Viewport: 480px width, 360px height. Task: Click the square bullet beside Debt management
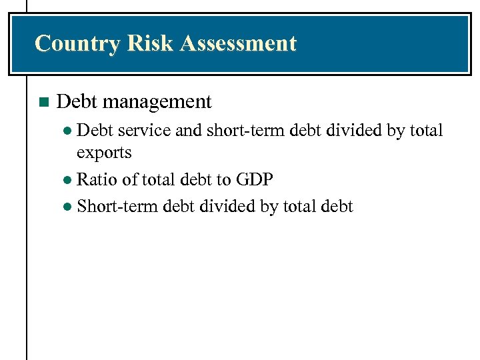coord(44,103)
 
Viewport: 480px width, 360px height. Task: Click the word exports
coord(104,153)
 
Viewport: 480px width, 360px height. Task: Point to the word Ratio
coord(98,179)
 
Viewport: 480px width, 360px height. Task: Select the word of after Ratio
coord(131,179)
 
